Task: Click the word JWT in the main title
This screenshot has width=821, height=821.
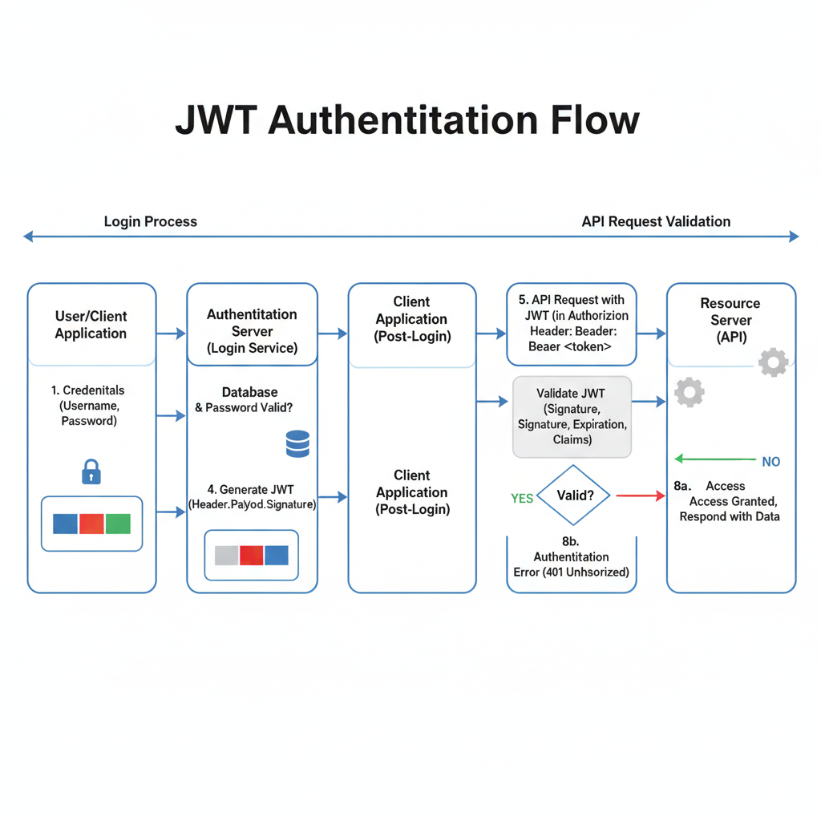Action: (216, 120)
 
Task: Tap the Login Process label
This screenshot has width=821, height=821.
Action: (150, 221)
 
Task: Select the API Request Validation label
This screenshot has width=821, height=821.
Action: (656, 221)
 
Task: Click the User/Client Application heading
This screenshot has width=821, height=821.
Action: (91, 325)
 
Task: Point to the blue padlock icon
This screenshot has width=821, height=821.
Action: (91, 471)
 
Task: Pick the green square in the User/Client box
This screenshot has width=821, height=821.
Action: (118, 524)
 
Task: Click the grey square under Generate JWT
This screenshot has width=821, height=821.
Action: (227, 555)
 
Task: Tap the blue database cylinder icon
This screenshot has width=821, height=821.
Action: (297, 443)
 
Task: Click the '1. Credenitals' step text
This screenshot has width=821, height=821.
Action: (88, 390)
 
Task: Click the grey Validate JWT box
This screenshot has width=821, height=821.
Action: (572, 417)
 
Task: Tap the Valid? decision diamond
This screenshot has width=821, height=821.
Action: (575, 496)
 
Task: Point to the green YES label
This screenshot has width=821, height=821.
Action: (522, 498)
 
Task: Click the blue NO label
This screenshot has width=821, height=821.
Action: (770, 462)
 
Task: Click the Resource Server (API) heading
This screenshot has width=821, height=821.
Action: (730, 320)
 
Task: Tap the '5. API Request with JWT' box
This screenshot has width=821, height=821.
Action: (572, 323)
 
